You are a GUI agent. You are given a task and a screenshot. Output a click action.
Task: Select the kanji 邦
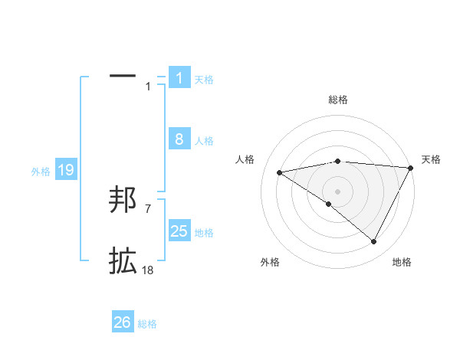tap(123, 201)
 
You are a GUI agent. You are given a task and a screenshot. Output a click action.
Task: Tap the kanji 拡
tap(123, 262)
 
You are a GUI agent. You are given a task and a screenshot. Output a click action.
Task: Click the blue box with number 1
tap(179, 78)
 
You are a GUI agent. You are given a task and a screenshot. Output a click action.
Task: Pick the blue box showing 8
tap(179, 139)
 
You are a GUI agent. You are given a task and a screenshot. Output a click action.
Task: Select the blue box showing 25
tap(179, 231)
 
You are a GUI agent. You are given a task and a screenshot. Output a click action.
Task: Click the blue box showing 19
tap(66, 170)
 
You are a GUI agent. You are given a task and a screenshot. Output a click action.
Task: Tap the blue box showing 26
tap(123, 322)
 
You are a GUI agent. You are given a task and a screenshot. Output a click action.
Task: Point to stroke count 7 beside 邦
tap(148, 208)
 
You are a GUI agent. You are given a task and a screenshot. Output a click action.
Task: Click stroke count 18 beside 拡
tap(148, 270)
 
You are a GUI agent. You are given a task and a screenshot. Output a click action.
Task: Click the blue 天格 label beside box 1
tap(204, 79)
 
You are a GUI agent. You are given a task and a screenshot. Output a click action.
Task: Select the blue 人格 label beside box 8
tap(204, 140)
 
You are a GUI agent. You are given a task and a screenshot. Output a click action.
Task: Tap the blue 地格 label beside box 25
tap(204, 232)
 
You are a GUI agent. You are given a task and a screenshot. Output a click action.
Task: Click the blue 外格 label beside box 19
tap(41, 172)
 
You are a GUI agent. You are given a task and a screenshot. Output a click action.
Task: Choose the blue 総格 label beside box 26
tap(147, 324)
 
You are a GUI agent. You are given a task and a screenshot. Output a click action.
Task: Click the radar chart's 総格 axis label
tap(337, 100)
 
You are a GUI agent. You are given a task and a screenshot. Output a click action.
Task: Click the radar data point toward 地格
tap(374, 242)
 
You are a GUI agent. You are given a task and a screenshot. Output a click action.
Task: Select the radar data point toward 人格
tap(279, 172)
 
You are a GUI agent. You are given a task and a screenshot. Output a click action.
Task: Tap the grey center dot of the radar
tap(337, 191)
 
